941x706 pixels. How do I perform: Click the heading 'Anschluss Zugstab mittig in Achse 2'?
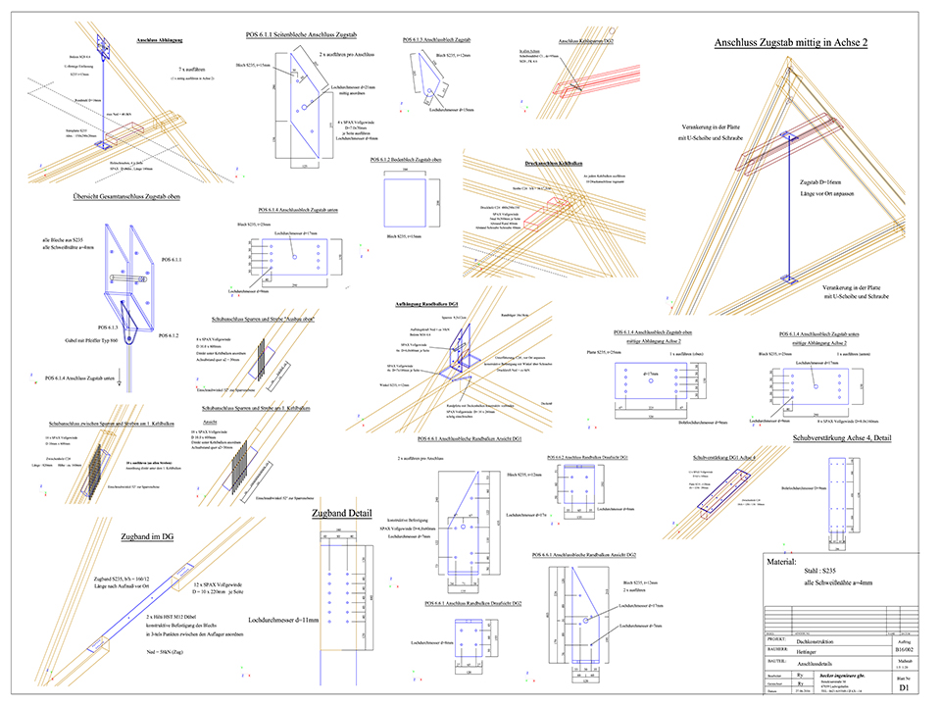[791, 42]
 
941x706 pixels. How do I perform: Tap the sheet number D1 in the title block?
[902, 690]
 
